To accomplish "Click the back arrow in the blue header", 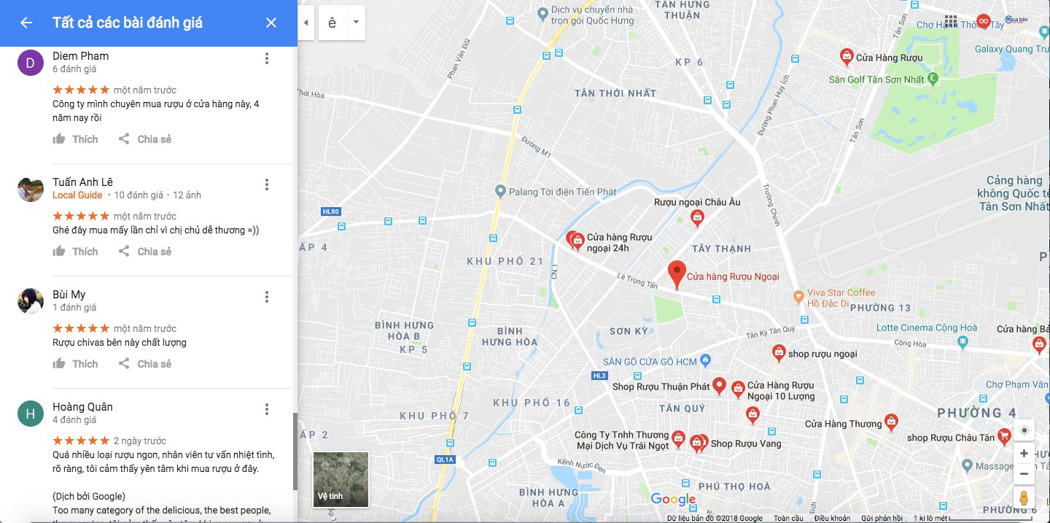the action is (26, 23).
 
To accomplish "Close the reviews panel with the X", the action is (271, 23).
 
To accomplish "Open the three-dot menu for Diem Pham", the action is (267, 58).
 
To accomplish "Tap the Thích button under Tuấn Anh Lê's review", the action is (76, 252).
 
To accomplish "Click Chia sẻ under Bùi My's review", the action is (145, 364).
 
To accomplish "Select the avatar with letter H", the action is (30, 414).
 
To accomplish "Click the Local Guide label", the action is (77, 195).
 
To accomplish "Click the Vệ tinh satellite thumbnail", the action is (341, 479).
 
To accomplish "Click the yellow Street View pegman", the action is (1024, 498).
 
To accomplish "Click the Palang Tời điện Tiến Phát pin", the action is (500, 192).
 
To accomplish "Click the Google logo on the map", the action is (672, 499).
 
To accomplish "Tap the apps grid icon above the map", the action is (951, 21).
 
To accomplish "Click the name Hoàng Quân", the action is (82, 407).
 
